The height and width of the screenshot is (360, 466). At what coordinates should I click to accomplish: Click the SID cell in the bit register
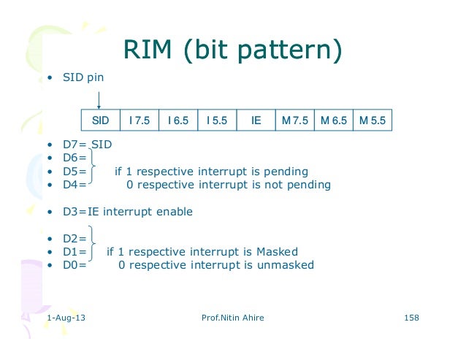100,120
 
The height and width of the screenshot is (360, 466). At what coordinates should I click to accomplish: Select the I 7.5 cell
139,120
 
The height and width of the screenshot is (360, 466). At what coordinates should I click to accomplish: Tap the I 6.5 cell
178,120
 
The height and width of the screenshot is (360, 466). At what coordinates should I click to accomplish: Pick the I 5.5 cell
217,120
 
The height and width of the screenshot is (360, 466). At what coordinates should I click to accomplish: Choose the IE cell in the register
256,120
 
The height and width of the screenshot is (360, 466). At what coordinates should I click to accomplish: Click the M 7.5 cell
294,120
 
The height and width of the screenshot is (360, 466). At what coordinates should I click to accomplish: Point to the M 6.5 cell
333,120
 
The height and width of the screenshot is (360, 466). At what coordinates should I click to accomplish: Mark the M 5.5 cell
373,120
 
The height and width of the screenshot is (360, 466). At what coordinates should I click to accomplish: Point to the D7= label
73,145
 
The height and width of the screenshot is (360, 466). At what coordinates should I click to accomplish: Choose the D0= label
73,265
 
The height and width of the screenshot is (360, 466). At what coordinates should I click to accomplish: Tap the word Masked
277,252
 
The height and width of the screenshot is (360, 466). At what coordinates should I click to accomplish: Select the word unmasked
286,265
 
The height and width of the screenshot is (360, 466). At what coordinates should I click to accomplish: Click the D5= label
73,172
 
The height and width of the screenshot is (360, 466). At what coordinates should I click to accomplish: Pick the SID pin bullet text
80,77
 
